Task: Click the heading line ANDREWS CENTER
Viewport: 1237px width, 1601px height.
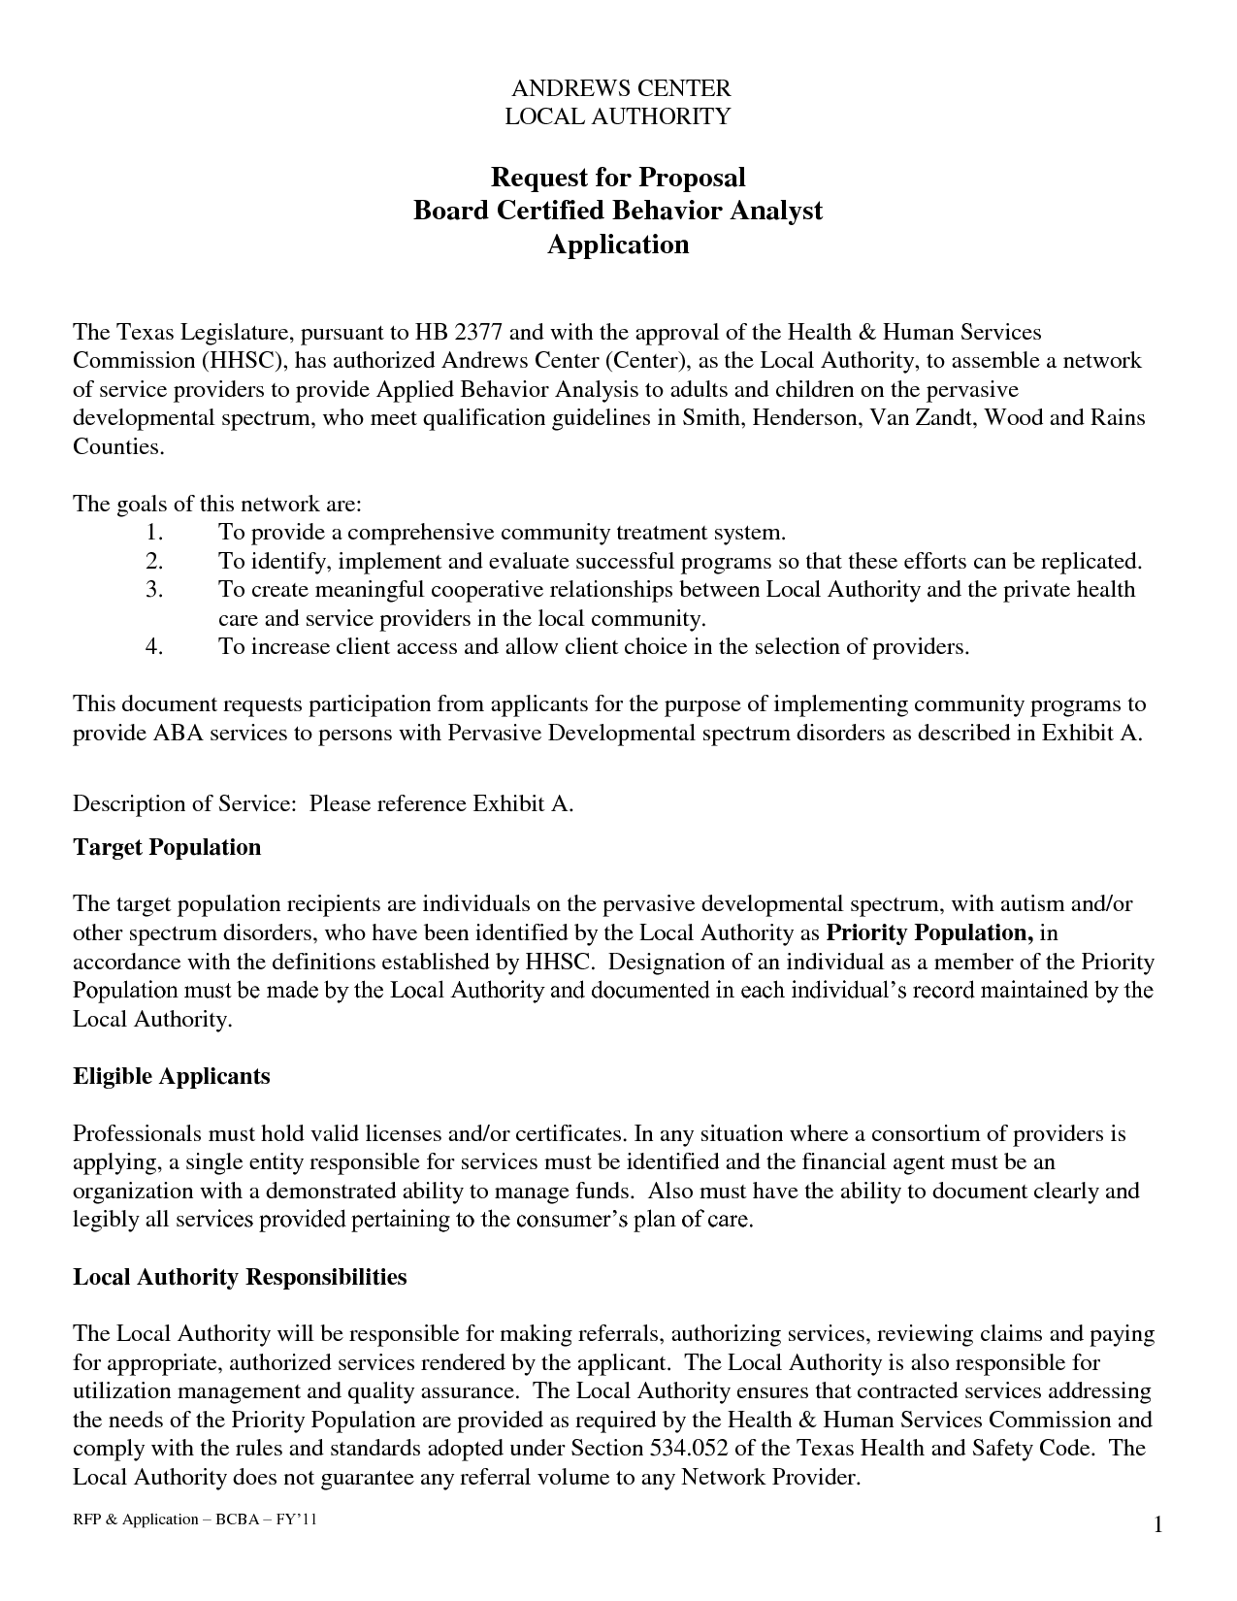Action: click(x=620, y=88)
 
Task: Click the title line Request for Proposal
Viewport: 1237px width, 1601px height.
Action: click(x=618, y=178)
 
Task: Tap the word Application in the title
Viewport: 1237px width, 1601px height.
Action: click(x=618, y=244)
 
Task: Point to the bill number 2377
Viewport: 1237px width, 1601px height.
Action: click(x=479, y=333)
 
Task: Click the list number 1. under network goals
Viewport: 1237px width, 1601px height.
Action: click(x=155, y=533)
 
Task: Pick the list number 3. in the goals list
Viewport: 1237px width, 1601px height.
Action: click(x=155, y=590)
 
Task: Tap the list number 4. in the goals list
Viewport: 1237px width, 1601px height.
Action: click(x=155, y=647)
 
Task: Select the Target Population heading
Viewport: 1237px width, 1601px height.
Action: click(x=167, y=847)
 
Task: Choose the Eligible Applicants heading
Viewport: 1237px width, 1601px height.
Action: click(x=172, y=1076)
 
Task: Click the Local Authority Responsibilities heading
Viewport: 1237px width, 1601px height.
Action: click(x=240, y=1277)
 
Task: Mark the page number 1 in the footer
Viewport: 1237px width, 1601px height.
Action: click(x=1157, y=1527)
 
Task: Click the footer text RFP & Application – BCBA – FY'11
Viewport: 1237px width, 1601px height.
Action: click(x=195, y=1519)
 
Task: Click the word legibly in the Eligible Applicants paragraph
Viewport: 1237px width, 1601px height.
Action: click(x=105, y=1220)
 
